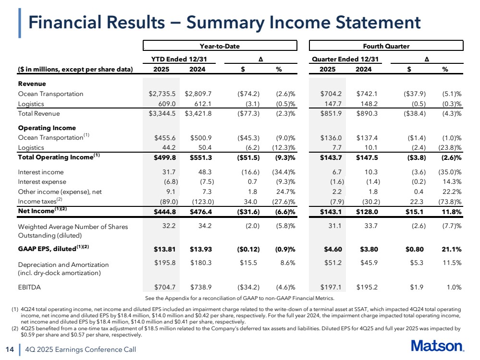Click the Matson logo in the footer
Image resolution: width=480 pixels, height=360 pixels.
point(437,346)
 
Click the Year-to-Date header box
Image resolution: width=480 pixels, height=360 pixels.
point(220,46)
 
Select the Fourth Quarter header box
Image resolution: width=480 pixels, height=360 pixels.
point(386,46)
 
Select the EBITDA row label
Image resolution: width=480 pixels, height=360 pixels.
point(29,288)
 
